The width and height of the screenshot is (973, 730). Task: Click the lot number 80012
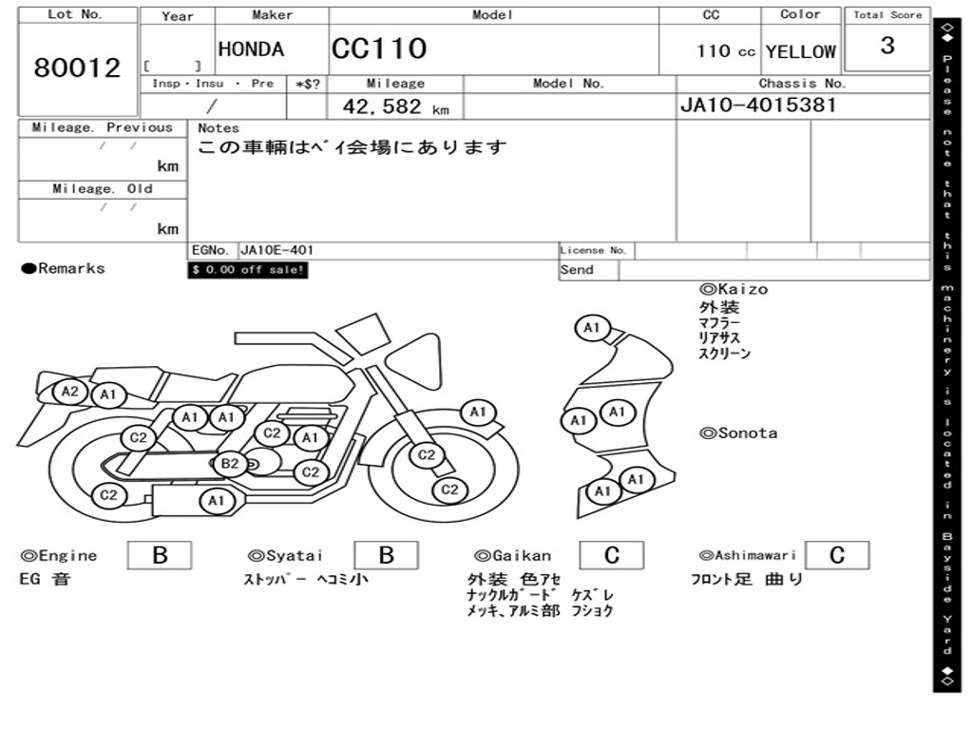(x=77, y=68)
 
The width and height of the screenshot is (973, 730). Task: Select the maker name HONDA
(x=251, y=49)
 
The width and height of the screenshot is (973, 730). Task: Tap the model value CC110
(x=378, y=49)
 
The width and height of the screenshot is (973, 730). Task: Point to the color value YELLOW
(x=800, y=51)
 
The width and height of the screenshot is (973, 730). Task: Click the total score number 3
(x=887, y=46)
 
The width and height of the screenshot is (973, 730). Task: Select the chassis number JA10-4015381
(x=758, y=105)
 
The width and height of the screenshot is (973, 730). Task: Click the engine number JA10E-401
(x=277, y=251)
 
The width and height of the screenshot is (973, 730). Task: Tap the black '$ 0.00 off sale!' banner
(x=248, y=270)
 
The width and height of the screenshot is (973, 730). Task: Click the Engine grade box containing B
(x=160, y=555)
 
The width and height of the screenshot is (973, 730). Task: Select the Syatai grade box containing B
(x=386, y=555)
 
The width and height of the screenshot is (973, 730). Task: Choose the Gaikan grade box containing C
(x=611, y=555)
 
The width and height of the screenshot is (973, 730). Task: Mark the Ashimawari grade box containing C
(x=836, y=555)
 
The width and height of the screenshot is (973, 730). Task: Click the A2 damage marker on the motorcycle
(x=69, y=391)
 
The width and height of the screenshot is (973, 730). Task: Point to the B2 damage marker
(x=230, y=464)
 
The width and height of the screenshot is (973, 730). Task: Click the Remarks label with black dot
(x=64, y=269)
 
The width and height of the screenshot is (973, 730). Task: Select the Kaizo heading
(x=734, y=289)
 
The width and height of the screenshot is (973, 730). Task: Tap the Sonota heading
(x=738, y=433)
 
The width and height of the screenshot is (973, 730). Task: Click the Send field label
(x=577, y=270)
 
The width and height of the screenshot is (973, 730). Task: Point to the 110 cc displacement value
(x=726, y=51)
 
